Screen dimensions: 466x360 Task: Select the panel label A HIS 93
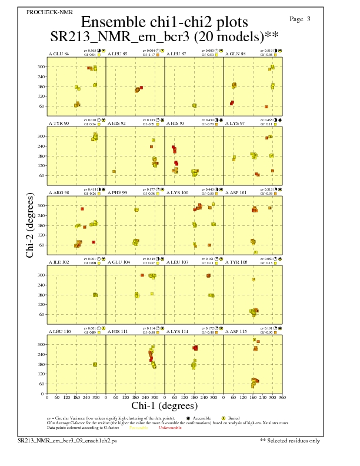[175, 123]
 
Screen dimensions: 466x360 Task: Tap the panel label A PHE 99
[117, 192]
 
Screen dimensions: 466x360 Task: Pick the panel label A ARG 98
[58, 192]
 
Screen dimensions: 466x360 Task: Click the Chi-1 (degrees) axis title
[164, 405]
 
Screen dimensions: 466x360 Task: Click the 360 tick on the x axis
[282, 398]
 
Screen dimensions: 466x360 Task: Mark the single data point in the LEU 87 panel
[195, 105]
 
